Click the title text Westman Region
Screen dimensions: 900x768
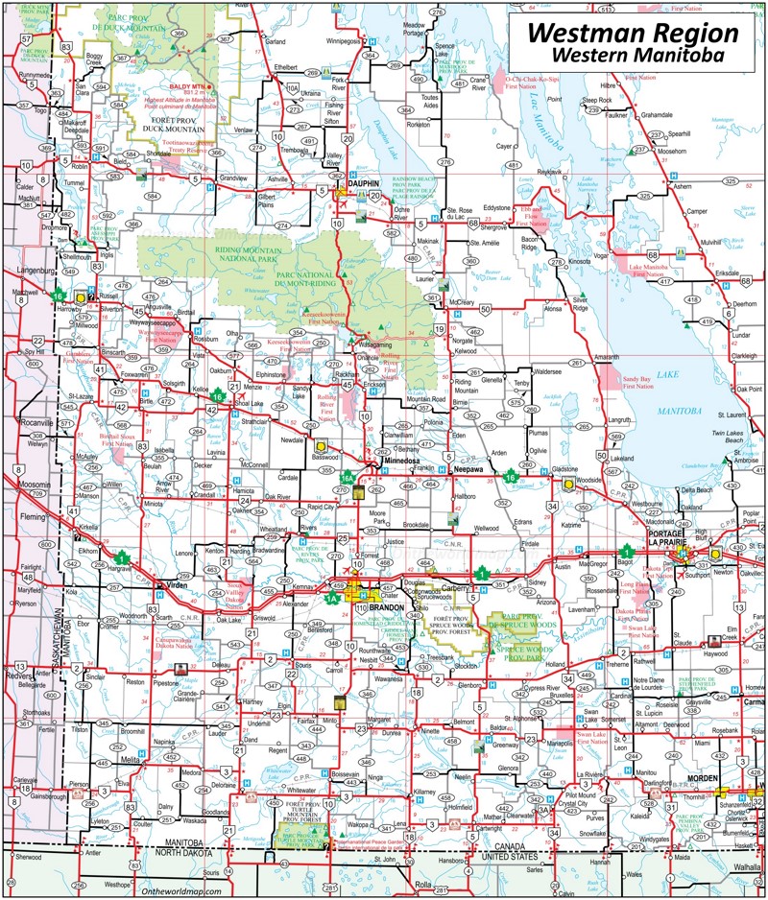(x=634, y=33)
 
